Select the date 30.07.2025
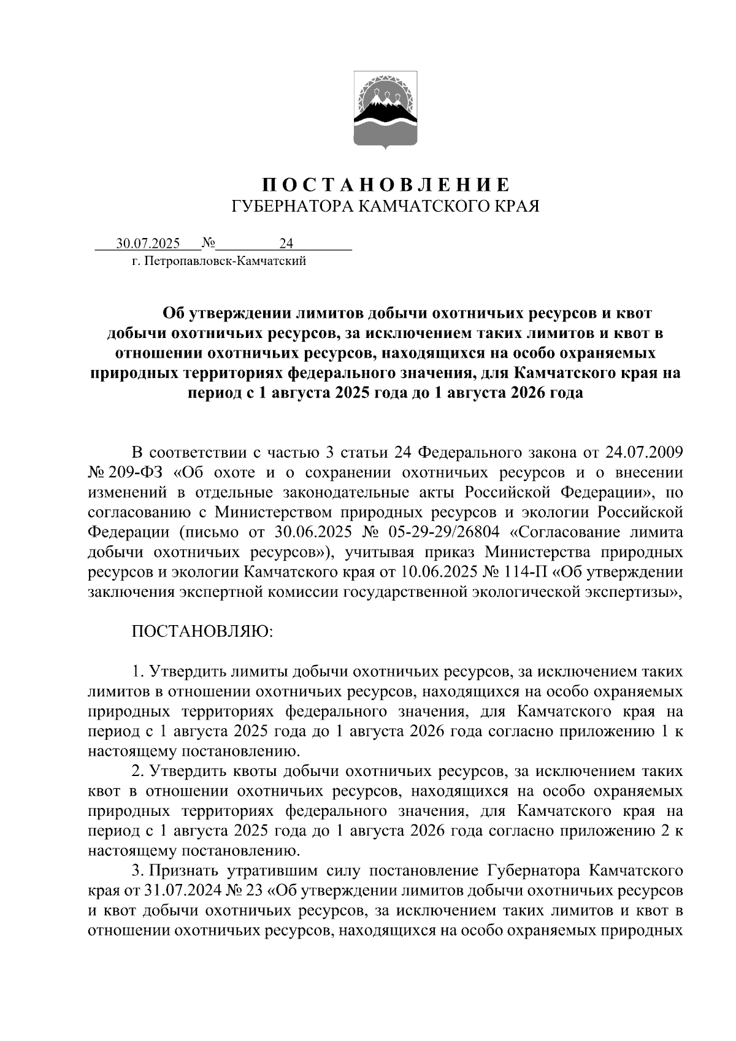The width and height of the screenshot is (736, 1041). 148,244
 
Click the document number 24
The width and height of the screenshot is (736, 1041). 286,244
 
